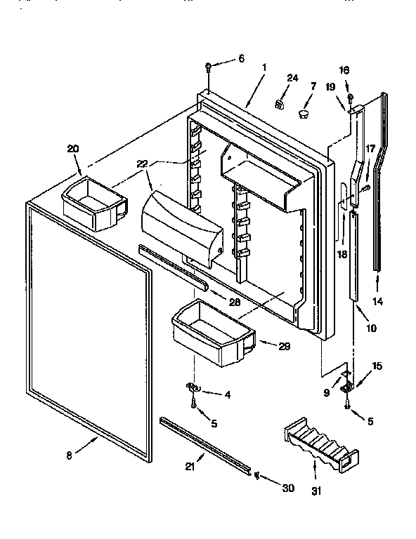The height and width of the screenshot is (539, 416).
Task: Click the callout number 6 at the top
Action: tap(241, 59)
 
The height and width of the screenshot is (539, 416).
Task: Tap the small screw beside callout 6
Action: tap(209, 67)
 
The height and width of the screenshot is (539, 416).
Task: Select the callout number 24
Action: tap(292, 78)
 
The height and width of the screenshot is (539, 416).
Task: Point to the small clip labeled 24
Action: tap(278, 105)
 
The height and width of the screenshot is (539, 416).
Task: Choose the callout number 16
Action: tap(344, 71)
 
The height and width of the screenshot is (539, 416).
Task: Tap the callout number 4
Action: tap(226, 394)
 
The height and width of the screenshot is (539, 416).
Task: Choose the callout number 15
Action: tap(377, 366)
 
